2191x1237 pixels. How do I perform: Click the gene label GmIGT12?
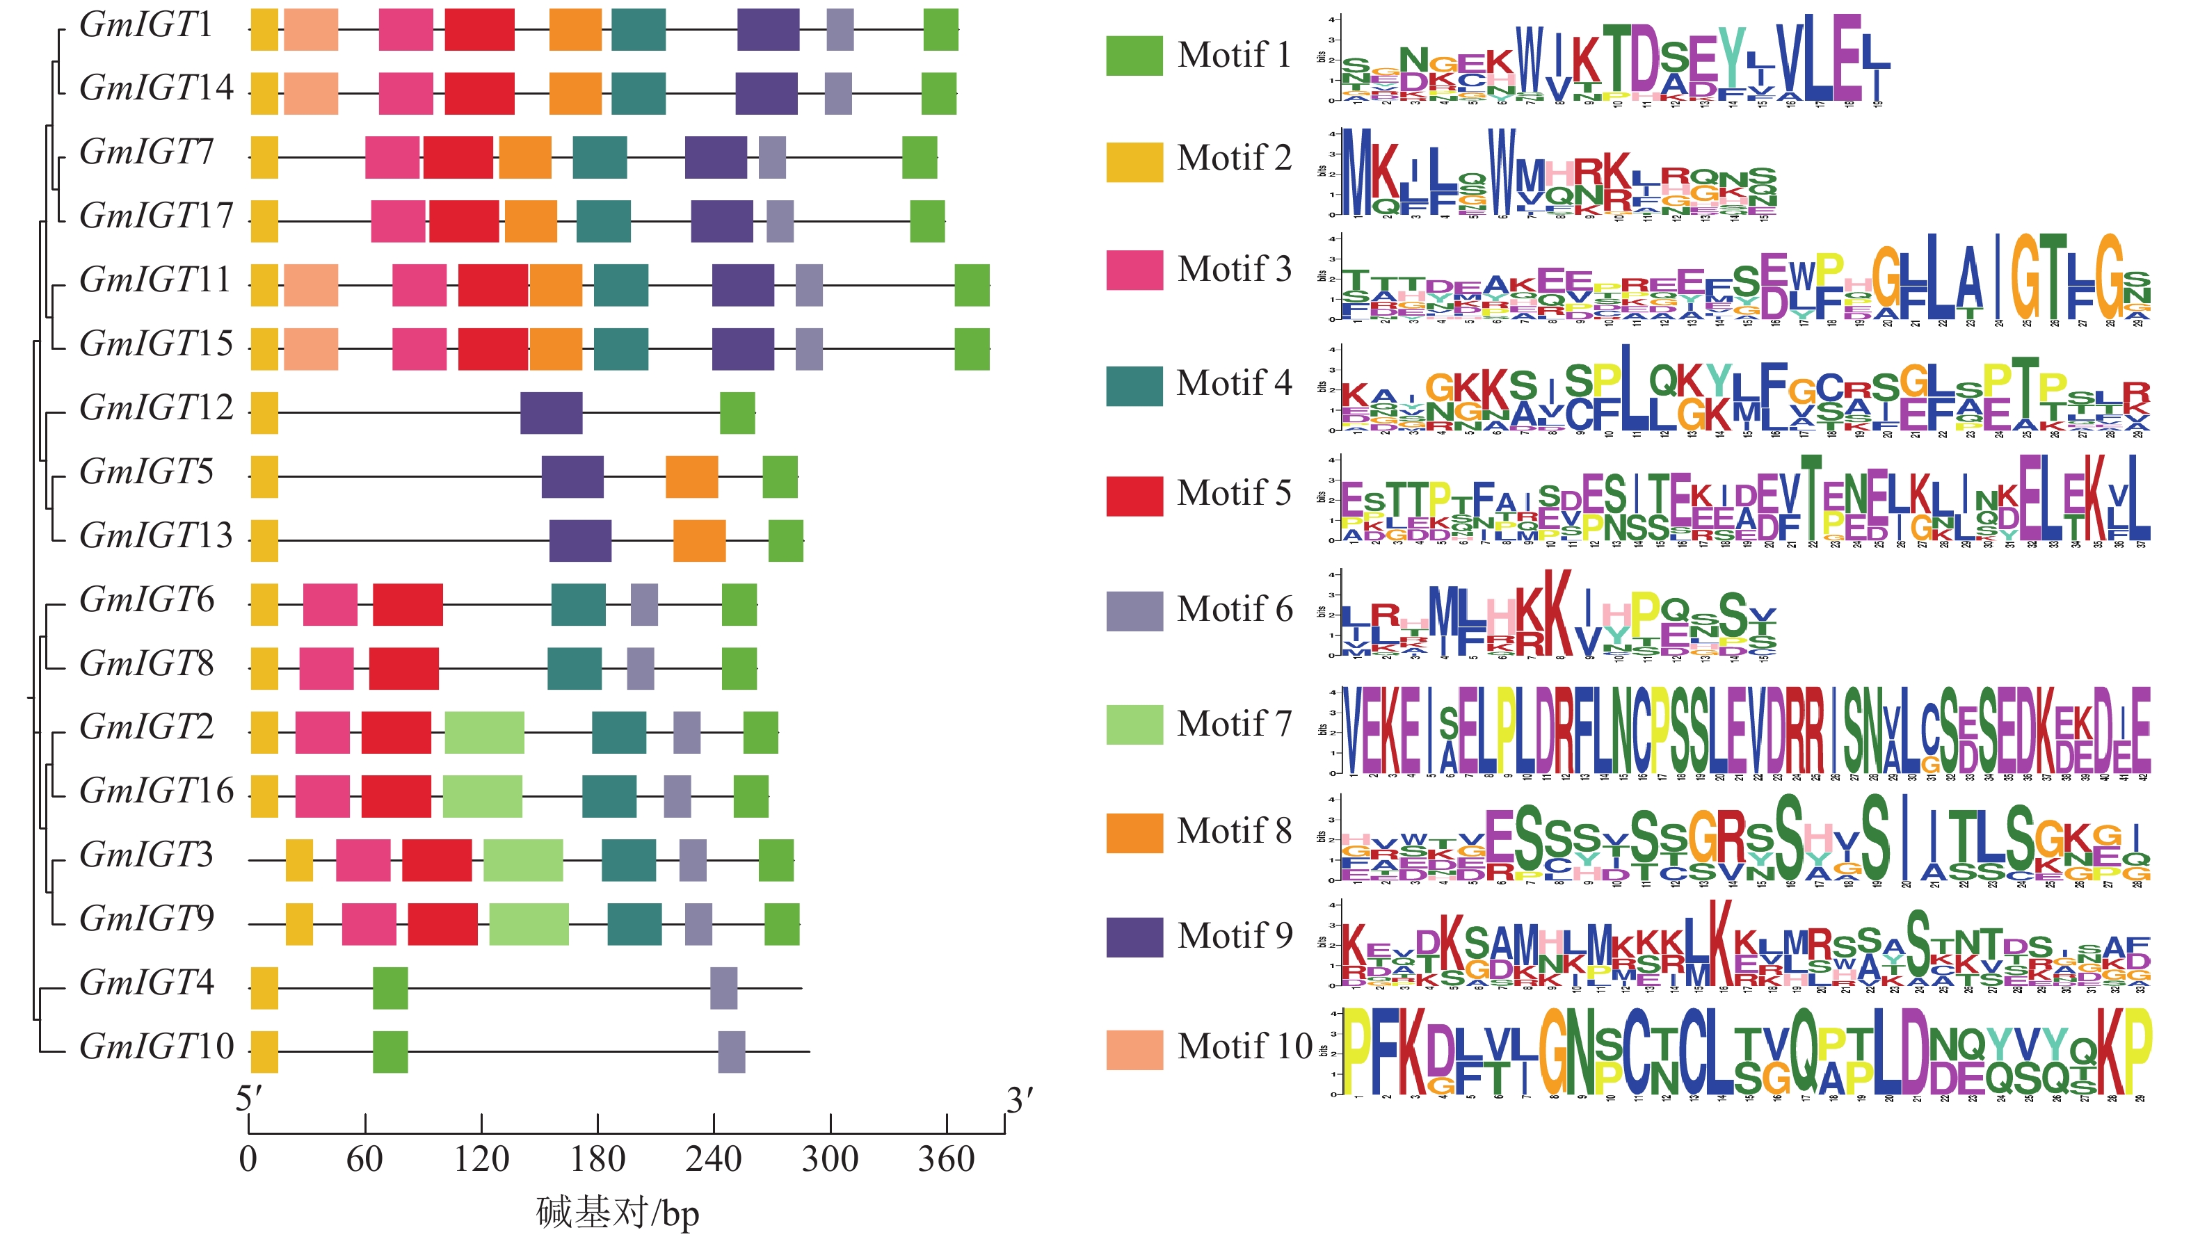[x=156, y=408]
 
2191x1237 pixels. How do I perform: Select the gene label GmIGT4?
[x=146, y=983]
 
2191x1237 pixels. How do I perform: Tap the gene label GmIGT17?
[x=156, y=216]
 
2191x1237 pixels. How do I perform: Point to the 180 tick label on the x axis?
[x=598, y=1160]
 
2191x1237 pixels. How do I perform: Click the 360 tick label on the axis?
[x=946, y=1160]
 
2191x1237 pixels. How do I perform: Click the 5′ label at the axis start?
[x=248, y=1099]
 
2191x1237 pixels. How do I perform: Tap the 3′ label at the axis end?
[x=1019, y=1101]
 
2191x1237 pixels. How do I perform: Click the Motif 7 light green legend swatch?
[x=1134, y=725]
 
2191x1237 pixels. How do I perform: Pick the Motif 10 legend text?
[x=1244, y=1046]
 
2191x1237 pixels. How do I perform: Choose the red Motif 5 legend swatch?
[x=1134, y=496]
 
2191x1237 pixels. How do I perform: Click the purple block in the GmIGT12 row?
[x=551, y=413]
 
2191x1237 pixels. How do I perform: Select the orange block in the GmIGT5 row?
[x=691, y=477]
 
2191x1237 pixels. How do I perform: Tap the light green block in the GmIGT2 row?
[x=484, y=733]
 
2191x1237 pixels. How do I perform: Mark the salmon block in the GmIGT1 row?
[x=310, y=30]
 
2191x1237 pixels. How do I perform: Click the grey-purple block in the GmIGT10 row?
[x=732, y=1051]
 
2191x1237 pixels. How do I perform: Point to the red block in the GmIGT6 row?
[x=408, y=604]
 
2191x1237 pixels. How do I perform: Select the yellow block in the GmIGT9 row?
[x=298, y=924]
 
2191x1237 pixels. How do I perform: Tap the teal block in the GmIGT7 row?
[x=600, y=157]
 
